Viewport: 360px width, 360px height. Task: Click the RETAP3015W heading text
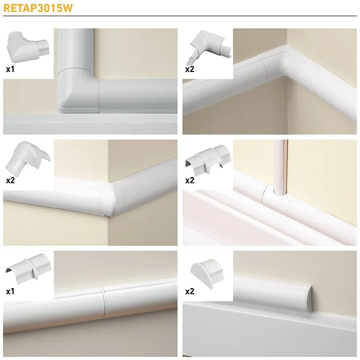38,8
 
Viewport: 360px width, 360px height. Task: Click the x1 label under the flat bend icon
10,69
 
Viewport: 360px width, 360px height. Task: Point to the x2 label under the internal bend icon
190,69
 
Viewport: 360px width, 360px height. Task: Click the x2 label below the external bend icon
11,180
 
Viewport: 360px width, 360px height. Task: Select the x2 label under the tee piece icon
190,180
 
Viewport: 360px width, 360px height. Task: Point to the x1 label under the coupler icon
10,291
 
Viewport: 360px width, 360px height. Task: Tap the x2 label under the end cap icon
190,291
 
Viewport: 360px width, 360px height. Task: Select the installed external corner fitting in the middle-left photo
113,199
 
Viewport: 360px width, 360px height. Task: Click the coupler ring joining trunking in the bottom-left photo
104,301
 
